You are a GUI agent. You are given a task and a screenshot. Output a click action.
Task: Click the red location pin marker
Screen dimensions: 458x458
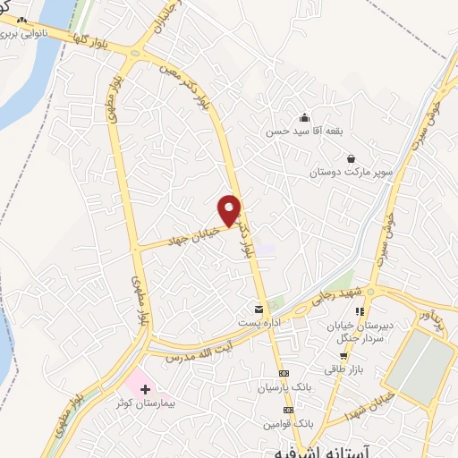coord(230,209)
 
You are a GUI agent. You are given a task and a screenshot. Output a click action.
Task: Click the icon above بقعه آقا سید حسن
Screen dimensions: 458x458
coord(304,117)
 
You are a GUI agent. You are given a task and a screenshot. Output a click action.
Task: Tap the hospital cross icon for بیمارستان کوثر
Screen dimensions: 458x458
coord(146,389)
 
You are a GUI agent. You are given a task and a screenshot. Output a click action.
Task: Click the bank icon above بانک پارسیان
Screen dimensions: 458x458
coord(284,373)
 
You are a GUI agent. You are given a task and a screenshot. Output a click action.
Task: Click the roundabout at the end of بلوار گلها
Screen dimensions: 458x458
coord(135,53)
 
